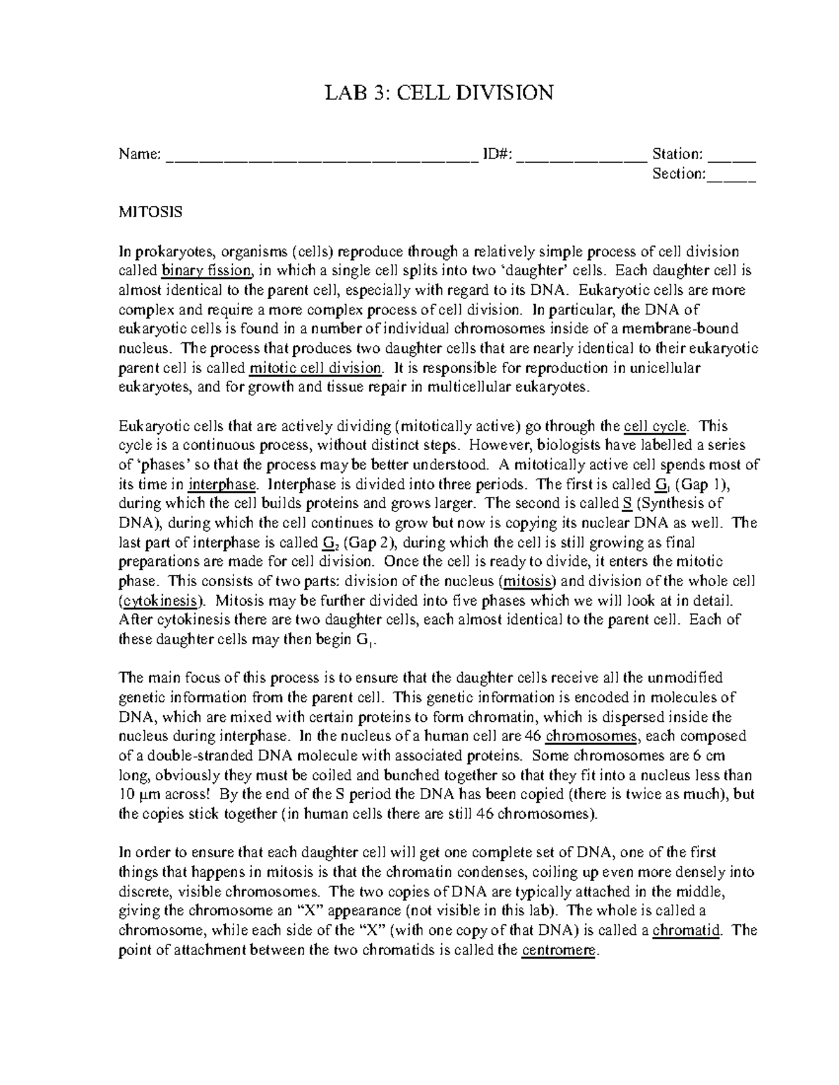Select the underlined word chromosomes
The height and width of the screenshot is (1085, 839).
[x=591, y=736]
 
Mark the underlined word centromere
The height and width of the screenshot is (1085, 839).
[x=560, y=950]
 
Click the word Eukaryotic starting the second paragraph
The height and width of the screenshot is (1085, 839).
[x=152, y=426]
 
